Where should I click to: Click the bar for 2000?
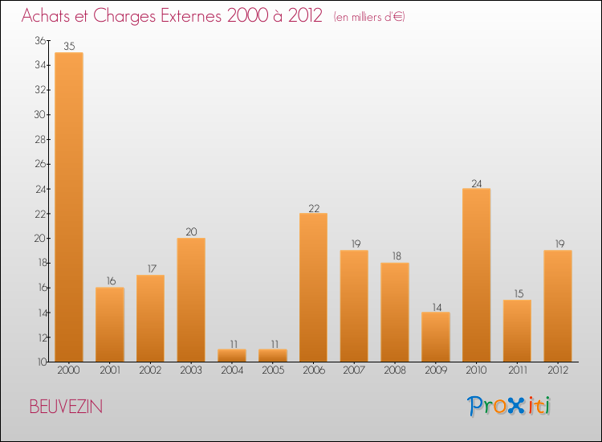point(69,207)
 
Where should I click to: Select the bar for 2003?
point(191,300)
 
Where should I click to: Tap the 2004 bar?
point(232,355)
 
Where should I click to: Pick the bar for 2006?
point(313,288)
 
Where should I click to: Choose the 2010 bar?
point(476,275)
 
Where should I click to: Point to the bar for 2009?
point(436,337)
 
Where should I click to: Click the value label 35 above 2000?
point(69,47)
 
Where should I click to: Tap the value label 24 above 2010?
point(476,182)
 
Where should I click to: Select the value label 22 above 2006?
point(313,207)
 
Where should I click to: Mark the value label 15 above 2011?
point(517,294)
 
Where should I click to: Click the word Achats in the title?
point(50,16)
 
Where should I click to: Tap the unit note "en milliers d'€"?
point(369,17)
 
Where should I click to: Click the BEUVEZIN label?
point(66,407)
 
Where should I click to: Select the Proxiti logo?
point(510,406)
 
